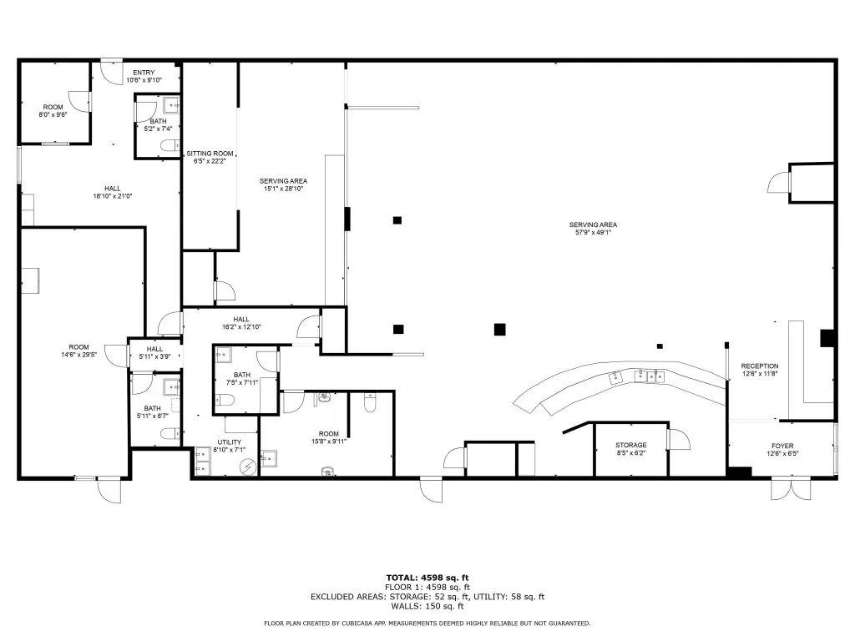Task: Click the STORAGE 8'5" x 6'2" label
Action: pyautogui.click(x=631, y=449)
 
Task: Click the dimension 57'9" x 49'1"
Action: pyautogui.click(x=594, y=232)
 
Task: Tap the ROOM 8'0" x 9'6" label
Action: pyautogui.click(x=53, y=111)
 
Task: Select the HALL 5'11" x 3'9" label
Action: pyautogui.click(x=154, y=353)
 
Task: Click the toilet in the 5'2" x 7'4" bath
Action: pyautogui.click(x=169, y=145)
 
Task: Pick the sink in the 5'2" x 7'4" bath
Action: pyautogui.click(x=171, y=104)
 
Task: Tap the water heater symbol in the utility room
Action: pyautogui.click(x=248, y=467)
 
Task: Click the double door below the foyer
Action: pyautogui.click(x=791, y=488)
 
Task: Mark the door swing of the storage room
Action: pyautogui.click(x=680, y=439)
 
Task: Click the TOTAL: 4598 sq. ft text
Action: pyautogui.click(x=427, y=578)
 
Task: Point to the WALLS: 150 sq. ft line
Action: pyautogui.click(x=427, y=606)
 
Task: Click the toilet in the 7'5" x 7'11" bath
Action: pyautogui.click(x=225, y=401)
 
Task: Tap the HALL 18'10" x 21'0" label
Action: pyautogui.click(x=113, y=193)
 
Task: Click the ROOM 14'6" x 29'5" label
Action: pyautogui.click(x=79, y=351)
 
